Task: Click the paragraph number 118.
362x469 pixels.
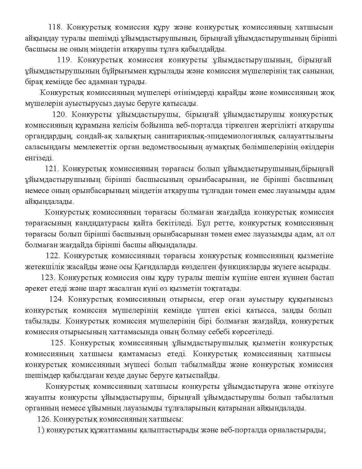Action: pyautogui.click(x=55, y=27)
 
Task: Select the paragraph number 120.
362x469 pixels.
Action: pyautogui.click(x=59, y=115)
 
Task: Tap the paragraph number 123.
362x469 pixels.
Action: pyautogui.click(x=47, y=278)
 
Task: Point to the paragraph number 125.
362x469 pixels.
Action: pyautogui.click(x=58, y=343)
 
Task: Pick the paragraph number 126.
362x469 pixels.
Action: pyautogui.click(x=44, y=419)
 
